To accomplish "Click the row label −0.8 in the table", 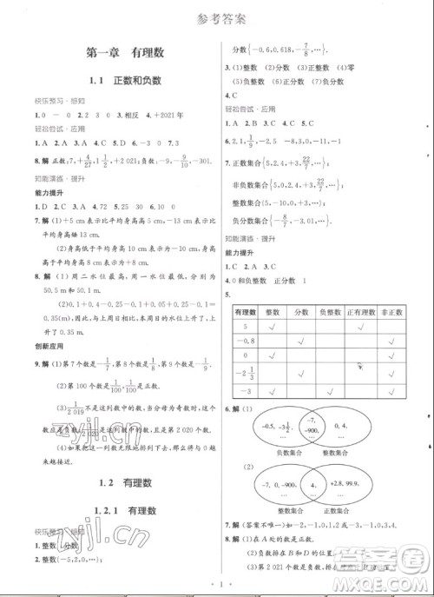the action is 244,342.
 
